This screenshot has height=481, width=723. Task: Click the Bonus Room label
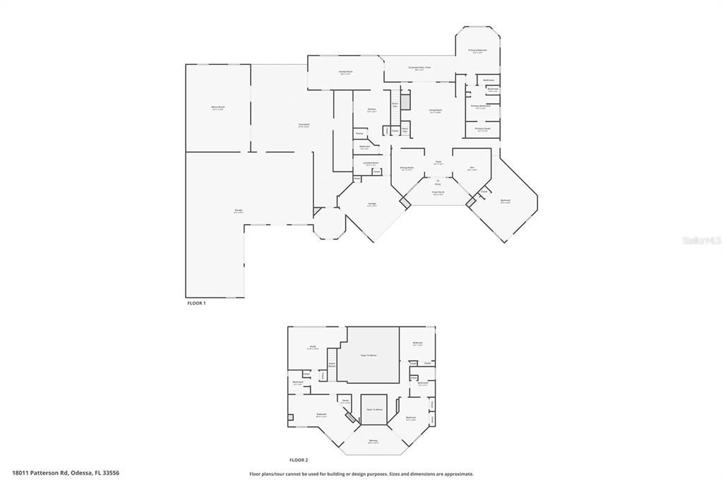pyautogui.click(x=217, y=107)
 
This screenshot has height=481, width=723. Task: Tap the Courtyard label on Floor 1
pyautogui.click(x=304, y=125)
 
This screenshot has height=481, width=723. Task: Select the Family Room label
pyautogui.click(x=345, y=71)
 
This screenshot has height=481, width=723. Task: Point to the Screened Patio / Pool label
pyautogui.click(x=419, y=68)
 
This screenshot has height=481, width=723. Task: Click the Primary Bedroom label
pyautogui.click(x=478, y=51)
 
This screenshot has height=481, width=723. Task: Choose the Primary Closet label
pyautogui.click(x=482, y=129)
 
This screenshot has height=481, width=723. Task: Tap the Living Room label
pyautogui.click(x=436, y=111)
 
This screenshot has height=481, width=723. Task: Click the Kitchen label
pyautogui.click(x=371, y=110)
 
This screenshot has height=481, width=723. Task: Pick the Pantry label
pyautogui.click(x=359, y=133)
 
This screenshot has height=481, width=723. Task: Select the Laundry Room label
pyautogui.click(x=371, y=163)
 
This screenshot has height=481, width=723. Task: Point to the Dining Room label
pyautogui.click(x=407, y=168)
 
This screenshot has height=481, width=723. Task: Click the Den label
pyautogui.click(x=472, y=168)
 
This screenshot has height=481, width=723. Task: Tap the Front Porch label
pyautogui.click(x=438, y=193)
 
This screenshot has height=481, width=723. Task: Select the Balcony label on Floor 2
pyautogui.click(x=373, y=442)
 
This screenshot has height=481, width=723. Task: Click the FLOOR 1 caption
pyautogui.click(x=196, y=303)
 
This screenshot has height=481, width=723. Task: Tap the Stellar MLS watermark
pyautogui.click(x=700, y=240)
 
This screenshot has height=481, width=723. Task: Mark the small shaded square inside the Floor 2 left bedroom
pyautogui.click(x=290, y=418)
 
